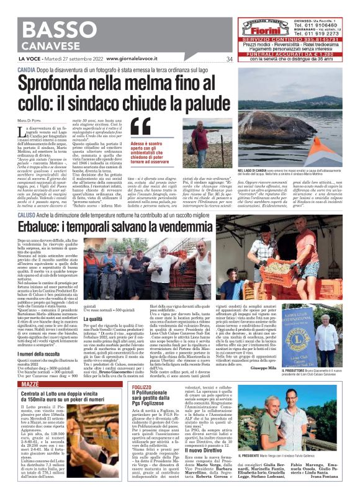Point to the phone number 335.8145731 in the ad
(x=310, y=38)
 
